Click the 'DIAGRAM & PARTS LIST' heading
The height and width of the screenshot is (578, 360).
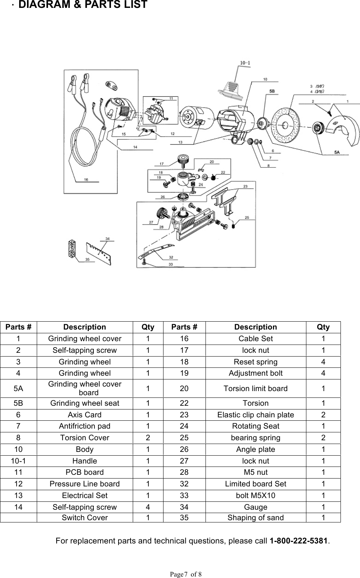pos(82,5)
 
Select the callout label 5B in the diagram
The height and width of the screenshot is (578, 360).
pos(271,91)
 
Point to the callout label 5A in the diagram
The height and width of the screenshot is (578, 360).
pos(337,152)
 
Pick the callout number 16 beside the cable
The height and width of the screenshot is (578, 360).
pos(86,180)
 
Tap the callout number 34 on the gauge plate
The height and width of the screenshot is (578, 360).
pos(108,238)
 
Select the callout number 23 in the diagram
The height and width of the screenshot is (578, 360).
pos(245,186)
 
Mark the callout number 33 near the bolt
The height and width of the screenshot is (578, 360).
pos(171,265)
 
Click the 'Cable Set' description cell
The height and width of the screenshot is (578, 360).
pos(255,339)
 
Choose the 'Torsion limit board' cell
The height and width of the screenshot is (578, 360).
pos(255,388)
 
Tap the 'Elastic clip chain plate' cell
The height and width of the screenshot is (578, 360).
pos(255,415)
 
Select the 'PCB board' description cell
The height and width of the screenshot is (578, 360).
pos(84,472)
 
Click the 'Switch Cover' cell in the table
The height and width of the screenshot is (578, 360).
pos(84,518)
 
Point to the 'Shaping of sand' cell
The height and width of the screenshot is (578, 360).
pos(255,518)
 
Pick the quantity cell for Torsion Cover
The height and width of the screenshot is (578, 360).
pos(148,438)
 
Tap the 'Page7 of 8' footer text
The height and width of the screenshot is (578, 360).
pos(186,574)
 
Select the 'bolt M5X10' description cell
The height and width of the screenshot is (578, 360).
pos(255,495)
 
